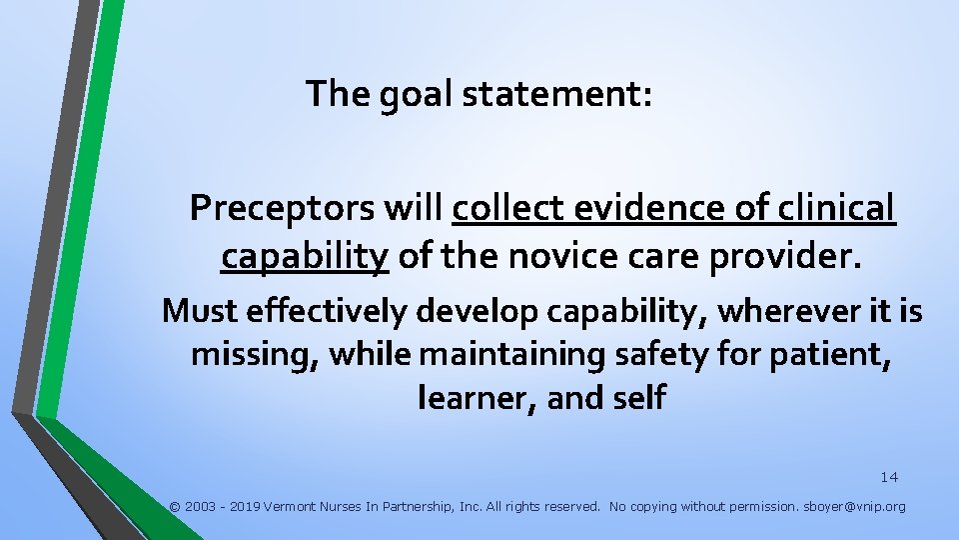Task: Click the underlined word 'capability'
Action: click(305, 257)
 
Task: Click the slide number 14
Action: click(889, 477)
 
